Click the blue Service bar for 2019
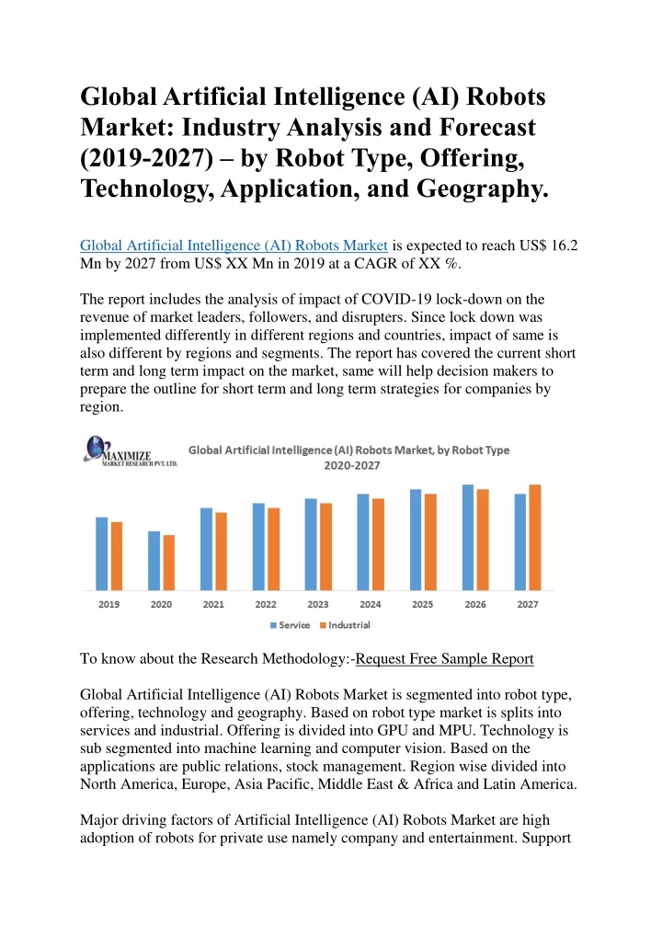click(101, 554)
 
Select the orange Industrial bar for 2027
click(535, 537)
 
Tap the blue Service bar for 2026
click(468, 537)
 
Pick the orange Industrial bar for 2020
click(169, 563)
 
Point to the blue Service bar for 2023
click(311, 544)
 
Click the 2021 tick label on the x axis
click(213, 605)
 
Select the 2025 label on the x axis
click(423, 605)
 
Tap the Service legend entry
click(291, 625)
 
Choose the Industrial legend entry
click(345, 625)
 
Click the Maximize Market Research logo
click(131, 451)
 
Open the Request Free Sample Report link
click(445, 659)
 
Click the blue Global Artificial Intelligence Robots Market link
click(234, 245)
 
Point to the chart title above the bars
click(349, 458)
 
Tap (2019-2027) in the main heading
click(147, 158)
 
